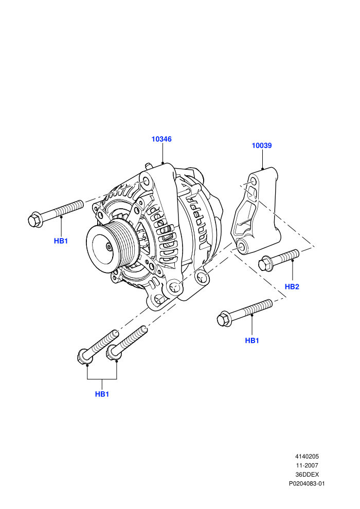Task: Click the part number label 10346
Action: (161, 139)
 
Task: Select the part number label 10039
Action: (262, 146)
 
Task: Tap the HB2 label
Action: (292, 287)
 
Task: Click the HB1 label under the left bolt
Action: (61, 241)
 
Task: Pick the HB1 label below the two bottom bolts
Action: (102, 394)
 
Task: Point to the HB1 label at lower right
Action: (252, 340)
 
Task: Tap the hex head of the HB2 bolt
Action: (265, 264)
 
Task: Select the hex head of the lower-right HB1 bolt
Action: (223, 319)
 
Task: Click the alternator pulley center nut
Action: (109, 247)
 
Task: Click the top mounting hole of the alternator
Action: (146, 182)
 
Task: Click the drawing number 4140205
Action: (307, 457)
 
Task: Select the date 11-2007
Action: (307, 465)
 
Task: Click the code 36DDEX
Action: (307, 475)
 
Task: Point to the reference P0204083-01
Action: (307, 484)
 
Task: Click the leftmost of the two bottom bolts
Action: (98, 346)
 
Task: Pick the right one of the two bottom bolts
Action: (127, 343)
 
